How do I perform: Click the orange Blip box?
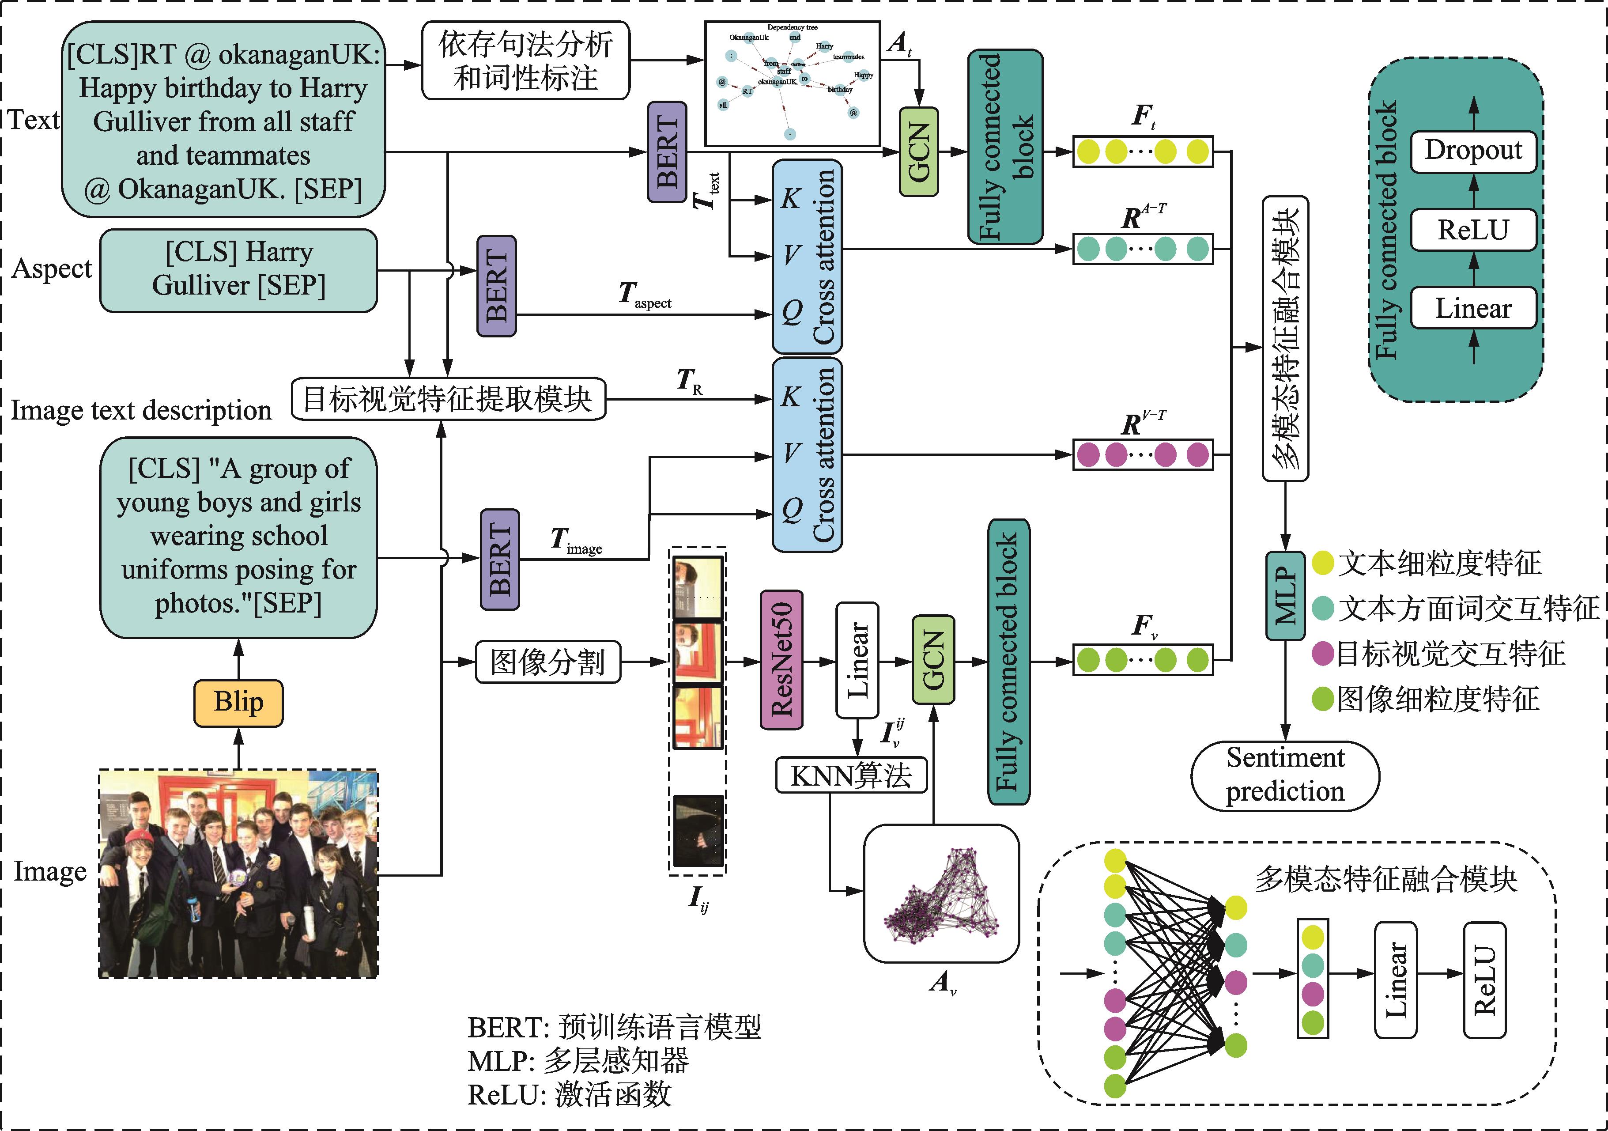click(x=238, y=703)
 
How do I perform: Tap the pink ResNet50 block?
click(x=781, y=660)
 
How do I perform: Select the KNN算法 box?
click(x=851, y=775)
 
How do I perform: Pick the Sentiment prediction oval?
click(x=1285, y=775)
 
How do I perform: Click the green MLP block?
click(x=1285, y=595)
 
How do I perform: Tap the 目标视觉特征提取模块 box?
click(x=448, y=399)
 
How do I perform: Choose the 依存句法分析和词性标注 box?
click(x=525, y=60)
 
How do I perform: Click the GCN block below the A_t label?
click(x=918, y=151)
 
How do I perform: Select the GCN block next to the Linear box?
click(x=933, y=660)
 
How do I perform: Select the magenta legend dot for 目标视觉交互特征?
click(x=1322, y=654)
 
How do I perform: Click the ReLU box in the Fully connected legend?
click(x=1473, y=230)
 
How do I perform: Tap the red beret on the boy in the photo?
click(x=138, y=838)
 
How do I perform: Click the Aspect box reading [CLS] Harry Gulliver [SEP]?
click(x=238, y=270)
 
